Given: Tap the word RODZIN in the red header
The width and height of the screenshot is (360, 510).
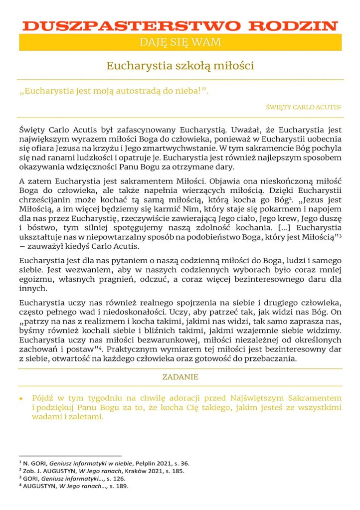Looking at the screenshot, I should (293, 26).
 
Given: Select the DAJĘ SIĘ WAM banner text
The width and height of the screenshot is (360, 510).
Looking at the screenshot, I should (180, 42).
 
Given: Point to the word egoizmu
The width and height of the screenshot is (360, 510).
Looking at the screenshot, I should (33, 280).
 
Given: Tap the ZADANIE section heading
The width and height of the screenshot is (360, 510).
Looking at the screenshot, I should (180, 377).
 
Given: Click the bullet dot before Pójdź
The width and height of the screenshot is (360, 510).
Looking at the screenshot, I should (21, 399).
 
